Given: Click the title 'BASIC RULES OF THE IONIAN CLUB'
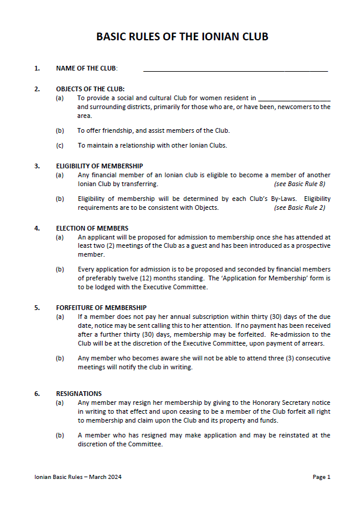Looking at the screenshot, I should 182,37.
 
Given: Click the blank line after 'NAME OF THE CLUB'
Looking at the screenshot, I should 235,69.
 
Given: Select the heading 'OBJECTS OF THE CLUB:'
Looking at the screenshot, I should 90,89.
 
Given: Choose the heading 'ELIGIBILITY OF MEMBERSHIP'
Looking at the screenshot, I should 99,166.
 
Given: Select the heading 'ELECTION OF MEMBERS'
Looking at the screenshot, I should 92,228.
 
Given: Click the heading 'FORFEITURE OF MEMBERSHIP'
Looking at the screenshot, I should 101,308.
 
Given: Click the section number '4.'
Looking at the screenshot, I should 37,228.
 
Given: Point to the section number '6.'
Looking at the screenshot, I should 37,394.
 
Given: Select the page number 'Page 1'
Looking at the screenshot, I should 321,477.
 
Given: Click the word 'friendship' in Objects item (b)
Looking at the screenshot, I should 117,130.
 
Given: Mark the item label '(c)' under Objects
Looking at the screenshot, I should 59,145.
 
